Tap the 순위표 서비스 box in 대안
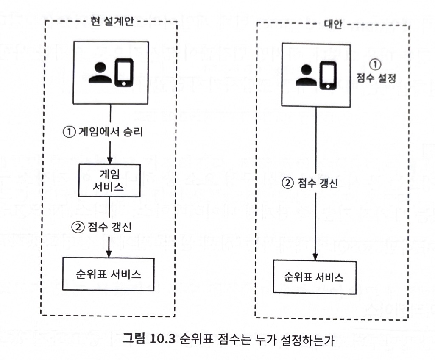point(314,277)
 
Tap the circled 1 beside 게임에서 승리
point(69,132)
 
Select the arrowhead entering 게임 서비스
point(110,161)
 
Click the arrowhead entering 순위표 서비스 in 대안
point(315,257)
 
